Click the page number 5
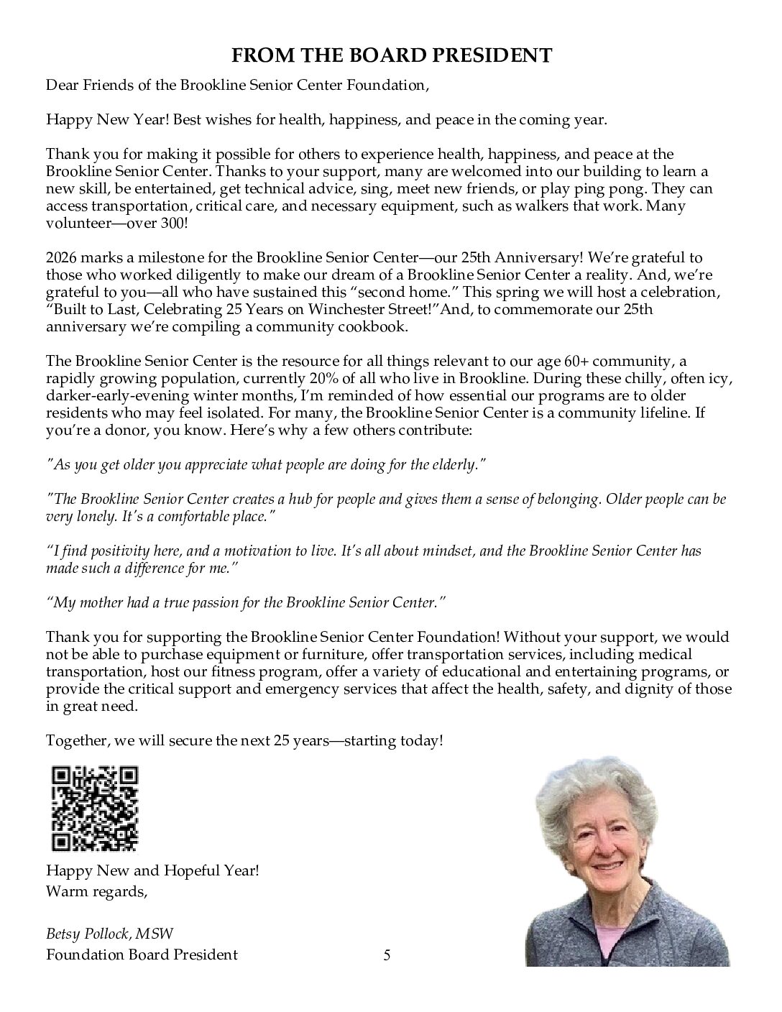click(x=387, y=954)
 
